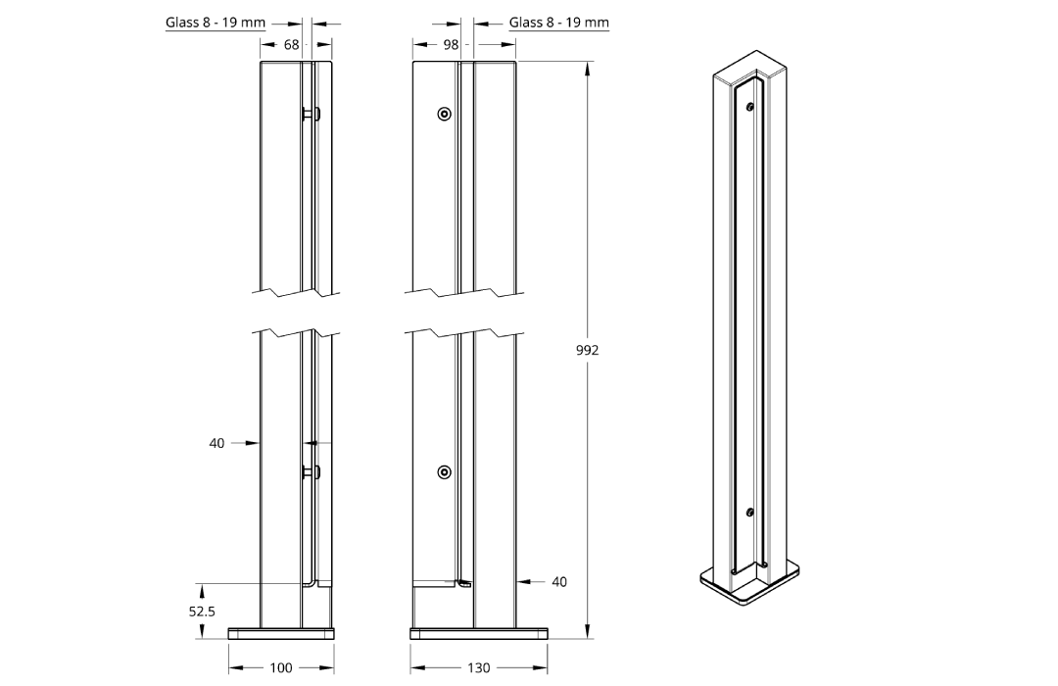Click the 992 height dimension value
(587, 350)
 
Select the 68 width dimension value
(292, 44)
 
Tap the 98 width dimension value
(451, 44)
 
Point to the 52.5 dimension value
(202, 612)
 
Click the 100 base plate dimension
(281, 667)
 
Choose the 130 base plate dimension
(478, 667)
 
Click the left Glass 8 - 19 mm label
(216, 23)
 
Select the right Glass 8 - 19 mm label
(558, 23)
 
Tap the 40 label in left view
(216, 444)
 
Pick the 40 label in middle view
(559, 582)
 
